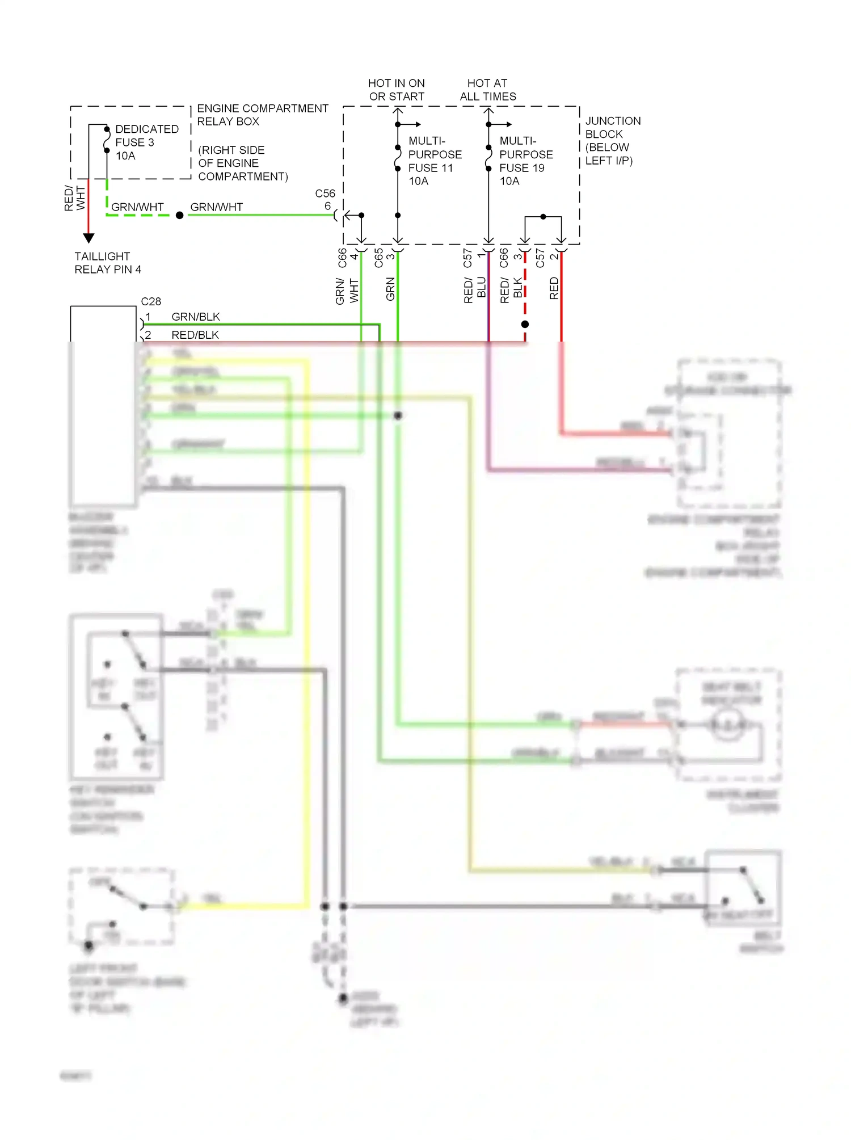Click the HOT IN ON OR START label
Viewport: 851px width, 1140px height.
[397, 90]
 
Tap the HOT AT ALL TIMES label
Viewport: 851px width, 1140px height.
[488, 90]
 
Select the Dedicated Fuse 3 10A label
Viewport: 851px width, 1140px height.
[146, 142]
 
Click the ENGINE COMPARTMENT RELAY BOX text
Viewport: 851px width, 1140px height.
[262, 115]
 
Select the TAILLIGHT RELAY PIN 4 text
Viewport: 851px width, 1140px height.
[107, 263]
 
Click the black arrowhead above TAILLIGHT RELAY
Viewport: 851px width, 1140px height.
[89, 238]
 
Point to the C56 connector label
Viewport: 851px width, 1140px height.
[325, 193]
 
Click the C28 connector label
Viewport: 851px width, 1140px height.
[151, 301]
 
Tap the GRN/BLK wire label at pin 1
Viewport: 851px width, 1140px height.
[195, 317]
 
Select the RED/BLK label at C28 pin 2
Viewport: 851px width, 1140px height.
[195, 335]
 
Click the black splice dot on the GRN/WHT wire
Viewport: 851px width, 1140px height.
[179, 215]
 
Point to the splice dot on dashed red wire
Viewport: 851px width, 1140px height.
[525, 324]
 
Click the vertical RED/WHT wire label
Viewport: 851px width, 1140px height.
[74, 198]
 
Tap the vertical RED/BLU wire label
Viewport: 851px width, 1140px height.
[475, 289]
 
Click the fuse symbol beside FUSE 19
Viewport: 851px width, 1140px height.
[488, 158]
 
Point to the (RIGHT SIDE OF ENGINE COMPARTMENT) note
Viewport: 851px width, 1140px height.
[242, 163]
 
